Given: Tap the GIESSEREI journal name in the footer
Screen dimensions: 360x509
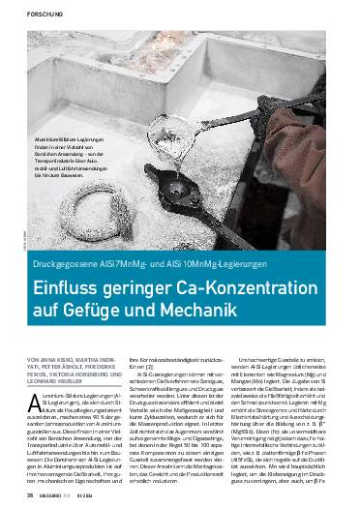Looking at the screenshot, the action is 48,497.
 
